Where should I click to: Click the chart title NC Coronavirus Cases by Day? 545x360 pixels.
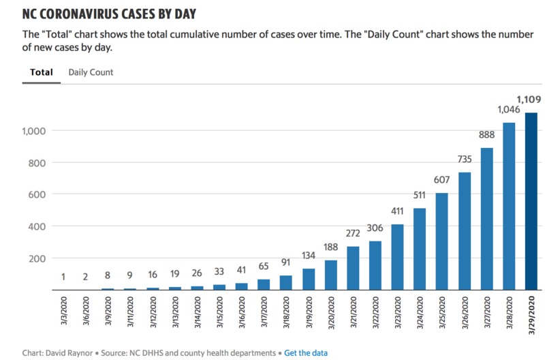coord(114,14)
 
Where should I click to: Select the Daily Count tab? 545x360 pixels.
coord(91,72)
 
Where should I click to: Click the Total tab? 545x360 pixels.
coord(42,72)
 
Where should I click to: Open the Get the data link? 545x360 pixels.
coord(305,352)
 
